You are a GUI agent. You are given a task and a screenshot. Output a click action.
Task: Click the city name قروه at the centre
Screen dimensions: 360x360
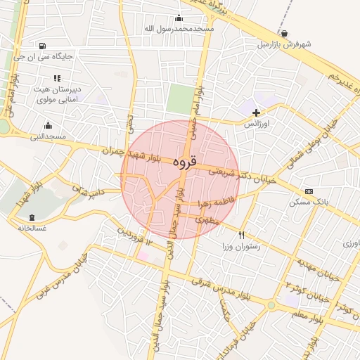pos(182,161)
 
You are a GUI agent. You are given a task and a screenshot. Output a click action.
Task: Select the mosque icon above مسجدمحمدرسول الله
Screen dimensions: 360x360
pos(179,18)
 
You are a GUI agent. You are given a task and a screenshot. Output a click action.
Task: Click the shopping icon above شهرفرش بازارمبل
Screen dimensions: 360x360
pos(284,33)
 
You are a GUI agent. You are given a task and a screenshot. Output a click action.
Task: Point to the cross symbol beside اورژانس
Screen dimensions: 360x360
pos(256,112)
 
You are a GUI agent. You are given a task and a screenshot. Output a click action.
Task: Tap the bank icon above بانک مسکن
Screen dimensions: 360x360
pos(308,191)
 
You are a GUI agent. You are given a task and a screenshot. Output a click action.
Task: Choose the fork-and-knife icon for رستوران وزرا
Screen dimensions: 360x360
pos(242,235)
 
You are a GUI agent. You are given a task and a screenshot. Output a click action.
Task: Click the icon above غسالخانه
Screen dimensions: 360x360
pos(30,217)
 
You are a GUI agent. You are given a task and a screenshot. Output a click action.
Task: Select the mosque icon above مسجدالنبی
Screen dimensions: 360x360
pos(48,125)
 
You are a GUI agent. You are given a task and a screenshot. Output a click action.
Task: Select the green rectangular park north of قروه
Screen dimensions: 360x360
pos(179,99)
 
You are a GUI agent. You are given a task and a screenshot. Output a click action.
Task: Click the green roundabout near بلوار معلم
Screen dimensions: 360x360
pos(271,305)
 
